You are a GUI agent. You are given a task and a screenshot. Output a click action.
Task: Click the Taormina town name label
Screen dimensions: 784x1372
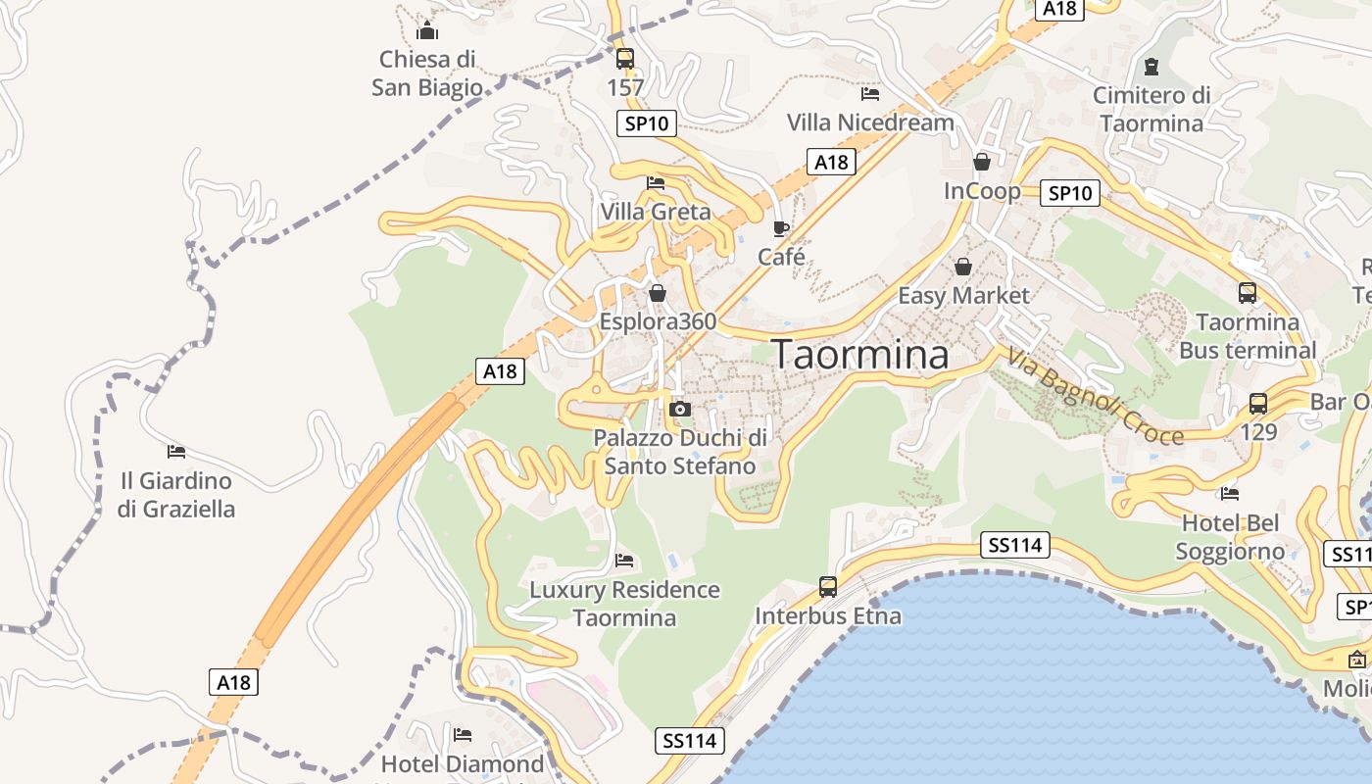861,355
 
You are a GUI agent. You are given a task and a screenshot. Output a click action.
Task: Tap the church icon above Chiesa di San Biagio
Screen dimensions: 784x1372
426,30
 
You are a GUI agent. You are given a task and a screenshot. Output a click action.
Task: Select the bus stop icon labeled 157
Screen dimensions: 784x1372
625,58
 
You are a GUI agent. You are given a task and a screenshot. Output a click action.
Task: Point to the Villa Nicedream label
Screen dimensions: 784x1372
870,122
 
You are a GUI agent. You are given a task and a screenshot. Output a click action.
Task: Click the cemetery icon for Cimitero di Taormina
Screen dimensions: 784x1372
1151,67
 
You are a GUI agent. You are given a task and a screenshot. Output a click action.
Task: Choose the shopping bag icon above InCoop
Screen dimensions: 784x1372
981,162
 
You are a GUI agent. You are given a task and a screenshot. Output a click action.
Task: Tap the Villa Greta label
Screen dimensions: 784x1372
656,212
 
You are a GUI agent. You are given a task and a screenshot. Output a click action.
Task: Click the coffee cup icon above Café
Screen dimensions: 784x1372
780,228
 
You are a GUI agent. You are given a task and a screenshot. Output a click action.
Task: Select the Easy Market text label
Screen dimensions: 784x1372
964,295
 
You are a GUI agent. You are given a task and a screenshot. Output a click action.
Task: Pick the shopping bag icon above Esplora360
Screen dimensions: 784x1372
658,293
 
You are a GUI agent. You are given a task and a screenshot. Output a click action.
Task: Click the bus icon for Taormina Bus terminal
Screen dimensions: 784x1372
1247,292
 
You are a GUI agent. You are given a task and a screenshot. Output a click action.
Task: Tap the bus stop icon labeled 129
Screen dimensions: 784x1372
1258,403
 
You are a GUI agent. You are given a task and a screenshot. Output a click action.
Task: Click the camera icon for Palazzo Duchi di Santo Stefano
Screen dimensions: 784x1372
679,409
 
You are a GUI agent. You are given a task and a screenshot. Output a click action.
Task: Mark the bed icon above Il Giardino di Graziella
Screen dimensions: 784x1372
176,452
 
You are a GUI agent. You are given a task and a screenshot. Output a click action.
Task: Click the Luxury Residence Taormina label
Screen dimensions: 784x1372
624,604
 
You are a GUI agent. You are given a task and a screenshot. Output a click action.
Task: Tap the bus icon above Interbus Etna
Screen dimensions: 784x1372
828,587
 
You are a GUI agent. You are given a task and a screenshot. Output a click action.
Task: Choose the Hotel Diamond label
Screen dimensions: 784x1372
462,763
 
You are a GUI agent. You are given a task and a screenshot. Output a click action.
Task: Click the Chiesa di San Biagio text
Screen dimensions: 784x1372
427,73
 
